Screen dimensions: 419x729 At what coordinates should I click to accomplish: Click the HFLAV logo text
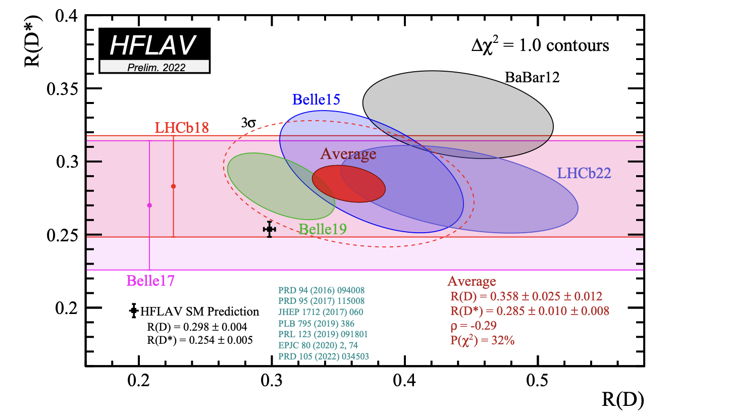[x=152, y=45]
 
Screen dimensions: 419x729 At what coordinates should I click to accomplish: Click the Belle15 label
[x=316, y=99]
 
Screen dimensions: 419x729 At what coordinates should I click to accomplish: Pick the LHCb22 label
[x=584, y=174]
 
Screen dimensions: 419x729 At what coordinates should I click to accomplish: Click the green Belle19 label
[x=323, y=230]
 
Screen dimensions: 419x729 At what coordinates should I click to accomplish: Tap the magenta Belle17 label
[x=150, y=280]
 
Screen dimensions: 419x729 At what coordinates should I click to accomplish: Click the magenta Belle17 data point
[x=149, y=205]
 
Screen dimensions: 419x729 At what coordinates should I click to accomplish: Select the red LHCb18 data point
[x=173, y=186]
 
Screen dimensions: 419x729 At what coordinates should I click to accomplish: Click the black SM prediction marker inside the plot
[x=270, y=229]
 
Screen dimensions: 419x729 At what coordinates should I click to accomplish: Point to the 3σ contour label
[x=248, y=123]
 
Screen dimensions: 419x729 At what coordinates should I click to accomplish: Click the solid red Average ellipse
[x=349, y=183]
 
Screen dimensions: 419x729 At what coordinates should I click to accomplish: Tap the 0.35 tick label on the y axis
[x=63, y=89]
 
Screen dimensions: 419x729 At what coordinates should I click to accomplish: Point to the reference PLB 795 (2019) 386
[x=316, y=323]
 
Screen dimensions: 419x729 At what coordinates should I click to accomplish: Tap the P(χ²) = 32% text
[x=482, y=341]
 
